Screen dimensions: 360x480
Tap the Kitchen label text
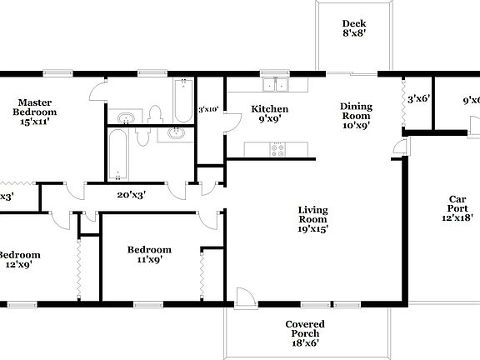[x=270, y=113]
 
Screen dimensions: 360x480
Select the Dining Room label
[x=355, y=116]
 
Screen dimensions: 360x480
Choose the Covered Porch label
[x=304, y=332]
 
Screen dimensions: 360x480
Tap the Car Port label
[x=457, y=207]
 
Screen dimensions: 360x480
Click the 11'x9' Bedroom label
[x=149, y=254]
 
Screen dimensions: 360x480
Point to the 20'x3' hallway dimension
[x=132, y=195]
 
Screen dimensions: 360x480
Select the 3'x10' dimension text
[x=207, y=109]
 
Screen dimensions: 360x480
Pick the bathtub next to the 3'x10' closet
[x=182, y=100]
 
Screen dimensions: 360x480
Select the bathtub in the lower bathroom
[x=117, y=154]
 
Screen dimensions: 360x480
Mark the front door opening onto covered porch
[x=245, y=297]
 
